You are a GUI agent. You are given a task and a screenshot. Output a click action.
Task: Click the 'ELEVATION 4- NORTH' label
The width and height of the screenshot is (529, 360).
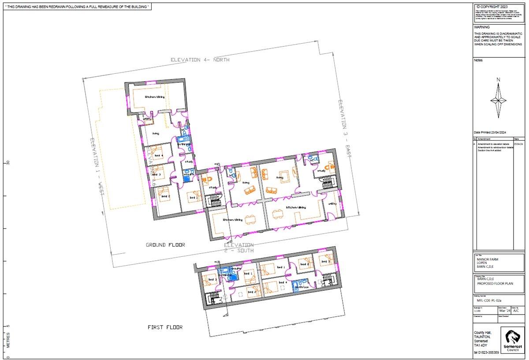tap(201, 60)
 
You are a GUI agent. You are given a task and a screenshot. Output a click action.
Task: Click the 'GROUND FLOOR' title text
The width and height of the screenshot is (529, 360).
tap(165, 244)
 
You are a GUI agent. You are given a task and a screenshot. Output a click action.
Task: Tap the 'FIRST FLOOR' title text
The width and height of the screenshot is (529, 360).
tap(165, 327)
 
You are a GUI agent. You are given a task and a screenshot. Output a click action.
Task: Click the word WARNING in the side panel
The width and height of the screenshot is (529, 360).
tap(482, 27)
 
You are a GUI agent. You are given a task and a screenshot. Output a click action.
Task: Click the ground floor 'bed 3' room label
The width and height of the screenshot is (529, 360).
tap(156, 175)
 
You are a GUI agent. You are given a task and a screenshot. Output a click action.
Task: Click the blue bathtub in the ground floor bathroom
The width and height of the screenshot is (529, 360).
tap(182, 139)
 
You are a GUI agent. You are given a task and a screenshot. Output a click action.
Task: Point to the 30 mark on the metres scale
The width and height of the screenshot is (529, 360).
tap(8, 162)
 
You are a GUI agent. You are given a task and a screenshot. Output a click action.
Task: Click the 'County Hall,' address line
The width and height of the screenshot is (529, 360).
tap(483, 333)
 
